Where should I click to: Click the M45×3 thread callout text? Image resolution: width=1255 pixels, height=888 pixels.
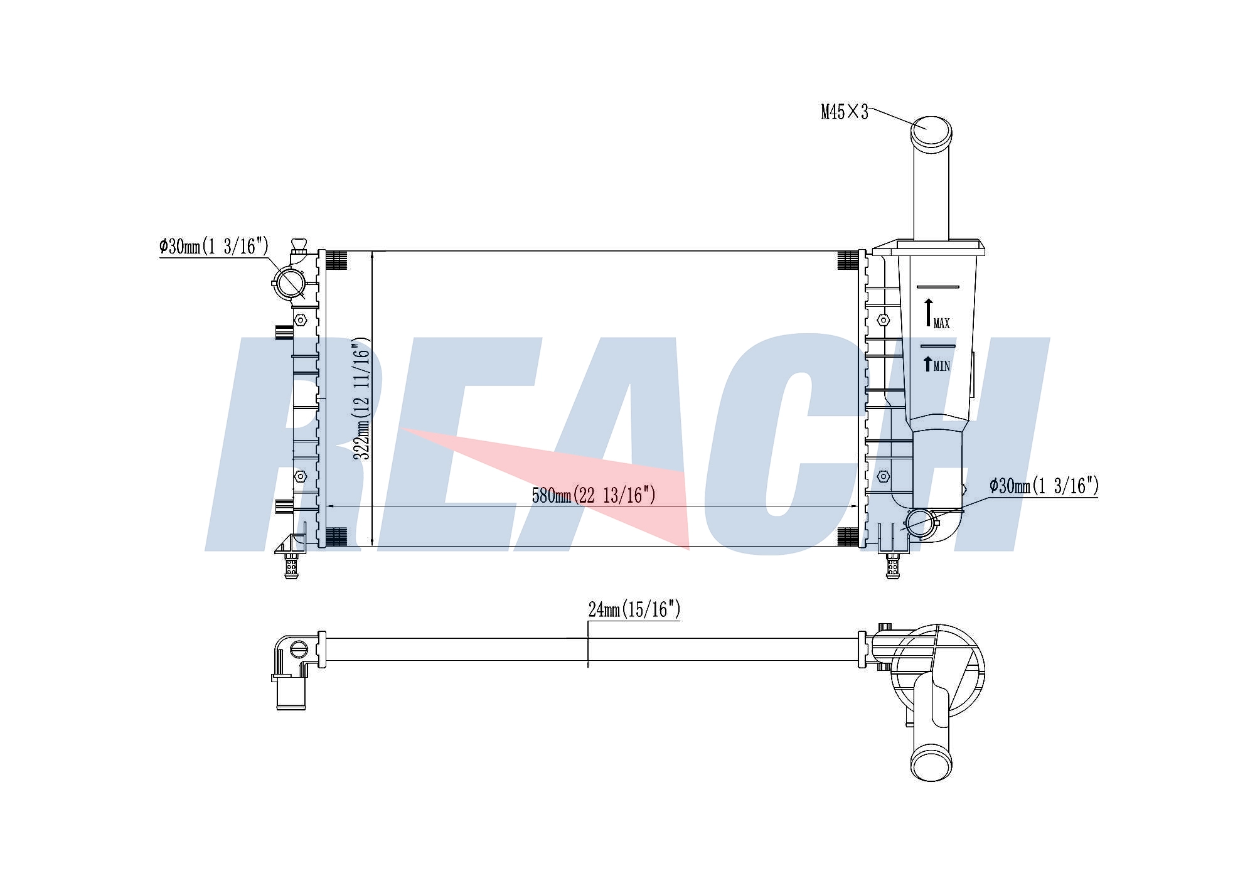click(845, 112)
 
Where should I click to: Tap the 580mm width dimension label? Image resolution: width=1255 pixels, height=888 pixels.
click(594, 495)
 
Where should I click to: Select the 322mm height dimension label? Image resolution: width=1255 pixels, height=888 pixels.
click(362, 400)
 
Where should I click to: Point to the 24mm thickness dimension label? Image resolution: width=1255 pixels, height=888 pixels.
click(634, 609)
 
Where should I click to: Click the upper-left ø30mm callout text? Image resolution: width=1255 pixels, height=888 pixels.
click(214, 246)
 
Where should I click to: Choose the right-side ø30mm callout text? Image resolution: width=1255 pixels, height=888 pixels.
click(1044, 486)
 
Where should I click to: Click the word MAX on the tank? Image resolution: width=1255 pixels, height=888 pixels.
click(942, 324)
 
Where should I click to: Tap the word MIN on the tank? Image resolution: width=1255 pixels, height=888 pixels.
click(942, 366)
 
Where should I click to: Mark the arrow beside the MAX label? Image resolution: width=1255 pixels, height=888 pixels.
click(929, 313)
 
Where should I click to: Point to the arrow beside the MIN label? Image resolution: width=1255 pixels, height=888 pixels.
click(928, 364)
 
